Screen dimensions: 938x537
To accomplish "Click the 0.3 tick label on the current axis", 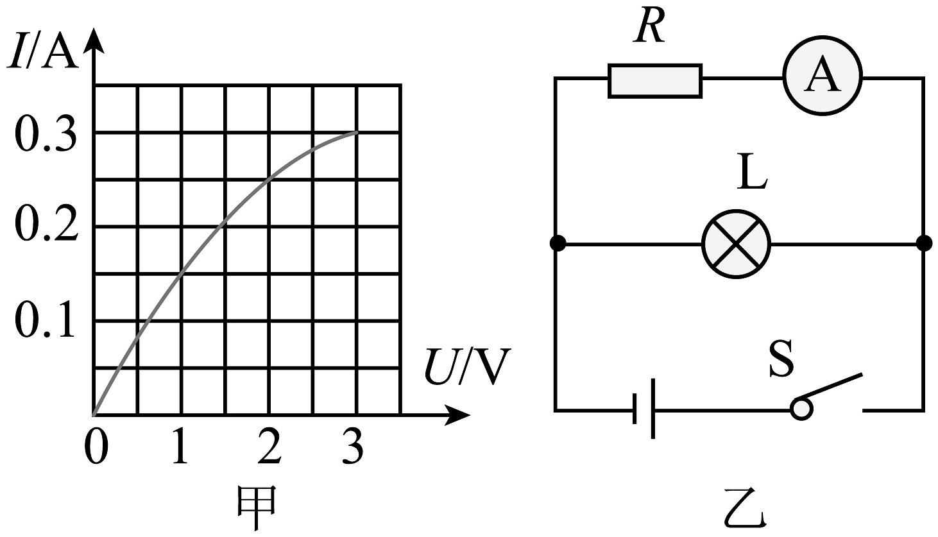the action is (x=46, y=135).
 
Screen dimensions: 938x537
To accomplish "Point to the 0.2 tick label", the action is (x=46, y=225).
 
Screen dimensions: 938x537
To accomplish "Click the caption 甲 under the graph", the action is (x=257, y=507).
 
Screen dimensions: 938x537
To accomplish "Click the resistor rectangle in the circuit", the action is (x=655, y=81).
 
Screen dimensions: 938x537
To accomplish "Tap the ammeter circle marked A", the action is (x=823, y=76).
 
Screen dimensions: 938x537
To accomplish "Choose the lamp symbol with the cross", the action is (x=736, y=244).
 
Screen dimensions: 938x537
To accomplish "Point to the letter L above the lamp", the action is (x=752, y=172).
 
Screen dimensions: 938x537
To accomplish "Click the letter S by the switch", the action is (x=781, y=358).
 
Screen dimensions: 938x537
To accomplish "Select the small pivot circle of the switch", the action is (x=801, y=409).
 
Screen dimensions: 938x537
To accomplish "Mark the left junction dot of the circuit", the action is (x=558, y=243).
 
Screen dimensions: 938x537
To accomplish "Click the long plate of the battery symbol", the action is (x=653, y=409).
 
